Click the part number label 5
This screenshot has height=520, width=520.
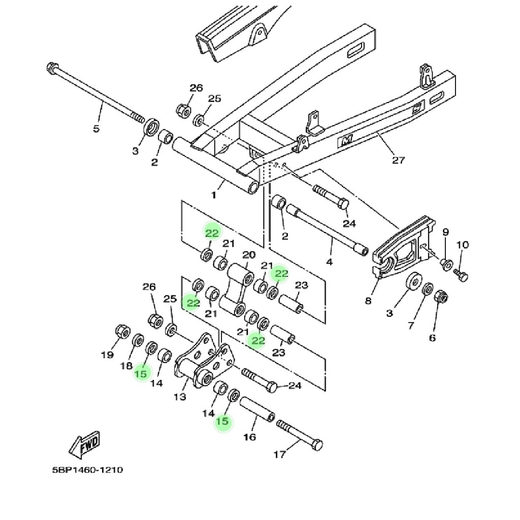[96, 128]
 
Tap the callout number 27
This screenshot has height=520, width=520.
[399, 160]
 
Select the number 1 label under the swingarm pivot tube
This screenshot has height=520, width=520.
[214, 195]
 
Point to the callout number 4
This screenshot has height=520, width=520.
[329, 263]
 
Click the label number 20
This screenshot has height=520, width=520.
[249, 255]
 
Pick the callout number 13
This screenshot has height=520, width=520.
[180, 396]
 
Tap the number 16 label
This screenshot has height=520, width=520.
[249, 437]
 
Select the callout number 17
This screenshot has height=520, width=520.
[279, 454]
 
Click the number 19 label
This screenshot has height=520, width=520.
[107, 355]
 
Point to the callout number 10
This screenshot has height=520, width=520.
[463, 245]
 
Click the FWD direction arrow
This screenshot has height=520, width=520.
[84, 445]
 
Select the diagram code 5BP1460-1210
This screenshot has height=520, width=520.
[87, 470]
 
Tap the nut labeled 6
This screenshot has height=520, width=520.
[441, 296]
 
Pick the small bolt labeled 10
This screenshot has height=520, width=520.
[461, 275]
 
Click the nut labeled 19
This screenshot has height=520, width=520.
[122, 331]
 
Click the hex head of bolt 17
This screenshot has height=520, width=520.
[317, 445]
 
